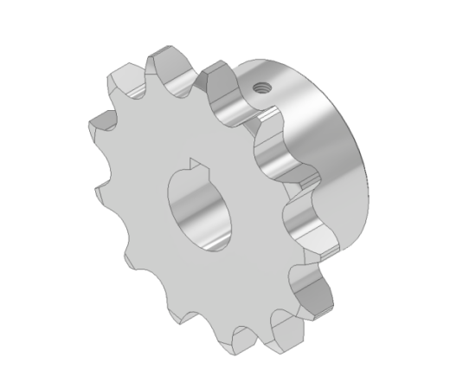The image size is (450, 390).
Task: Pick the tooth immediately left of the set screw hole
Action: point(221,91)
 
